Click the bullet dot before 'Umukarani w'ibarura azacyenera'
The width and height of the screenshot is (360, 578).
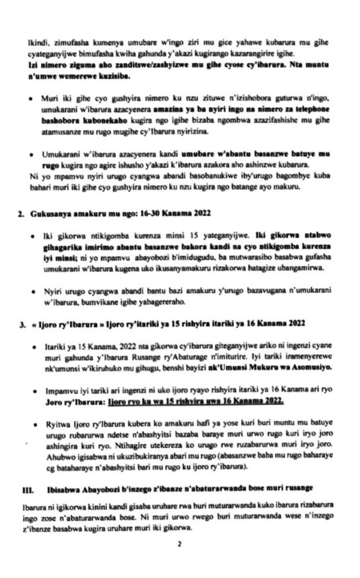(x=31, y=152)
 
